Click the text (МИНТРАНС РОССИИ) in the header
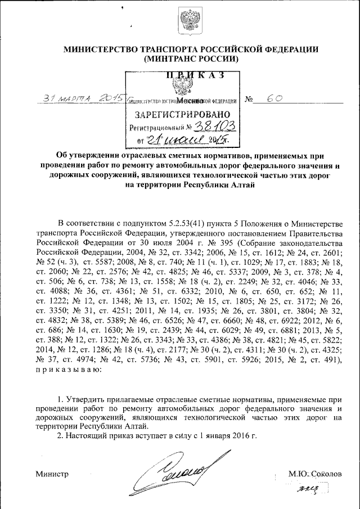click(x=191, y=58)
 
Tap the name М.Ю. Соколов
click(x=314, y=474)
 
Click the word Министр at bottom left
click(x=52, y=474)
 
